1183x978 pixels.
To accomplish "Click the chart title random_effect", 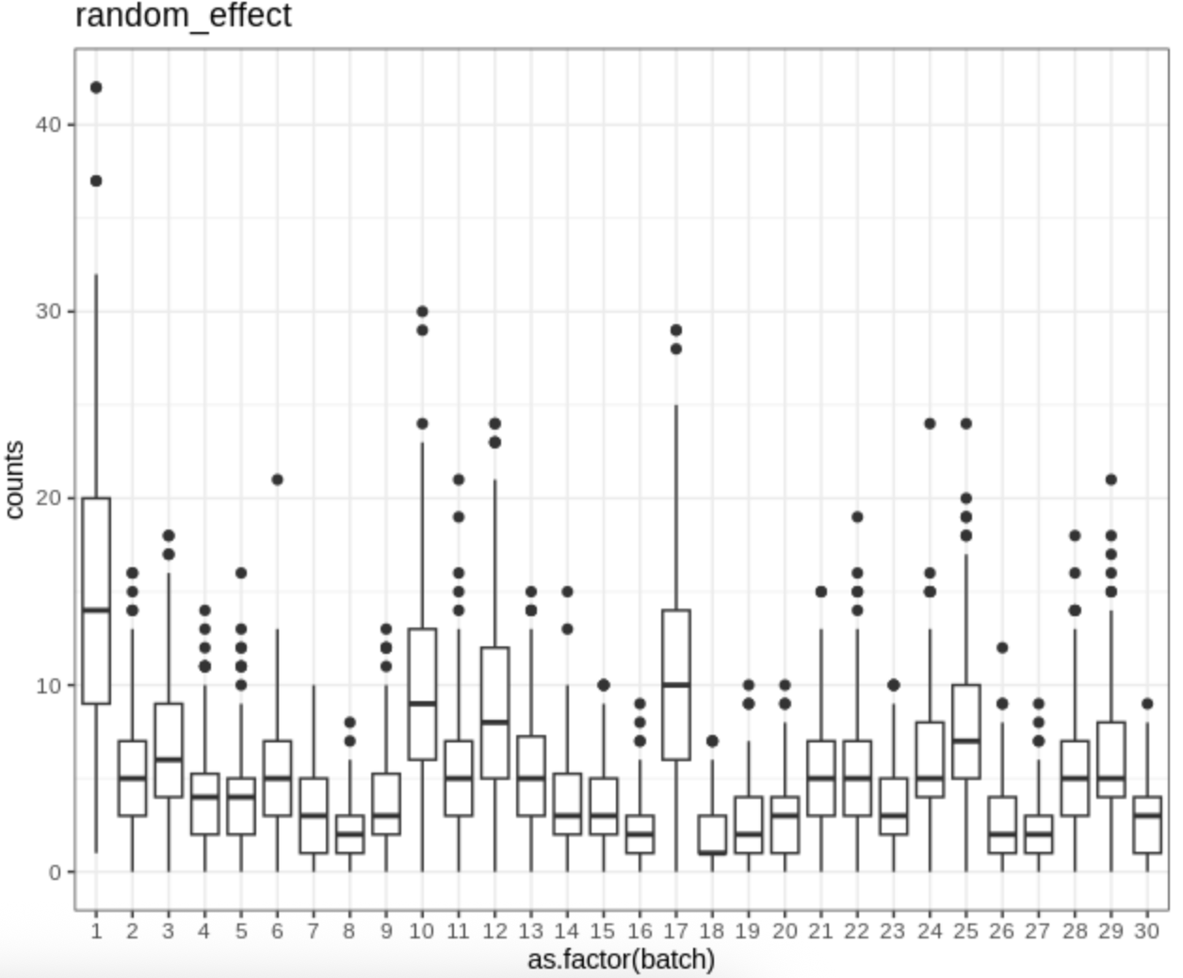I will click(x=184, y=16).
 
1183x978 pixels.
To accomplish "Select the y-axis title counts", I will click(x=14, y=480).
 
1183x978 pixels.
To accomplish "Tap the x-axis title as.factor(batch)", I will click(x=621, y=959).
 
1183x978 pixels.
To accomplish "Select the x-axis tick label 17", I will click(x=675, y=931).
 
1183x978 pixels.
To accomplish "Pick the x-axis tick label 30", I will click(x=1146, y=931).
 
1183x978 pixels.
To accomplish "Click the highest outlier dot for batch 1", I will click(x=96, y=88).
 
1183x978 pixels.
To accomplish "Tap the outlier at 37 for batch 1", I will click(x=96, y=181).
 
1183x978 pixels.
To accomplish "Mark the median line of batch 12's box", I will click(x=494, y=722).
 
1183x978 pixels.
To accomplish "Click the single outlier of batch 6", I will click(x=277, y=480).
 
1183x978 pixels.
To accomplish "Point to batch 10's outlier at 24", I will click(x=422, y=424).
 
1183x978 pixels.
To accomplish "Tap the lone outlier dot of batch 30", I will click(x=1146, y=704).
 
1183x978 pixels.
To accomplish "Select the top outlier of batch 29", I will click(x=1110, y=480).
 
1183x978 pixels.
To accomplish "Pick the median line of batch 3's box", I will click(x=169, y=759).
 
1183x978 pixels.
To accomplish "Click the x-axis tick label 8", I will click(x=349, y=931).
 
